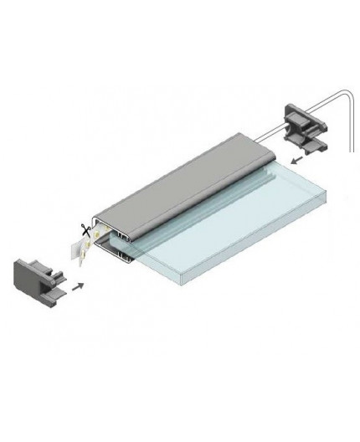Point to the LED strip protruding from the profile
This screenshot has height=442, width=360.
click(82, 246)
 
